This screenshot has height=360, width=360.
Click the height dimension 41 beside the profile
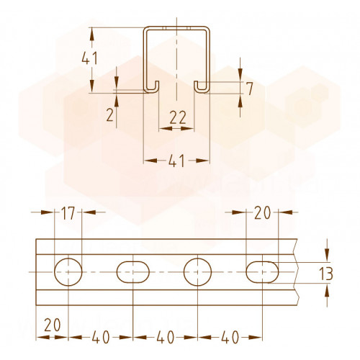[x=89, y=58]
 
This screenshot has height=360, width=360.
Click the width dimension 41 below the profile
[x=176, y=161]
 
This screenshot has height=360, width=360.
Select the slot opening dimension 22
[x=178, y=117]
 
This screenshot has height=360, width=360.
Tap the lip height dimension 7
[x=250, y=89]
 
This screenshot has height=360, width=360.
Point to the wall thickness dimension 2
[x=110, y=115]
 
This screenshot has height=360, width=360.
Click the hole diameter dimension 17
[x=68, y=213]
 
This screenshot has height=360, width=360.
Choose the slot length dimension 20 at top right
[x=263, y=213]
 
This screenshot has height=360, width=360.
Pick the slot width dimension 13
[x=326, y=274]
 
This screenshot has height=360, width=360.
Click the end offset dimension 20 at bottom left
[x=53, y=325]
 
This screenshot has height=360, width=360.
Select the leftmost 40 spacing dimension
[x=101, y=337]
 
